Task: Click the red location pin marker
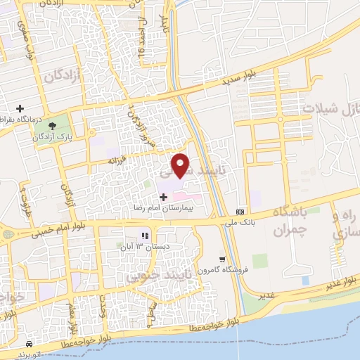pyautogui.click(x=181, y=165)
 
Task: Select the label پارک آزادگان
pyautogui.click(x=53, y=137)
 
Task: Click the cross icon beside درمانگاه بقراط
pyautogui.click(x=20, y=108)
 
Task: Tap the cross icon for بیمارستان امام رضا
pyautogui.click(x=164, y=197)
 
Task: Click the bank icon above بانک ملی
pyautogui.click(x=240, y=211)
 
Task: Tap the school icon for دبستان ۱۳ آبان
pyautogui.click(x=146, y=236)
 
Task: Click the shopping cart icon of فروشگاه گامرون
pyautogui.click(x=222, y=259)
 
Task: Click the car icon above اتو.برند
pyautogui.click(x=28, y=344)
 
